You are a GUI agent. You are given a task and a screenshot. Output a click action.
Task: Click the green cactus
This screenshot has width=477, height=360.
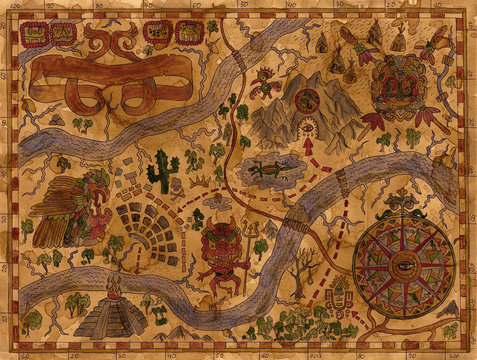pos(162,172)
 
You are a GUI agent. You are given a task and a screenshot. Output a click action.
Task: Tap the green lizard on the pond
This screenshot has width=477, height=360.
pos(270,171)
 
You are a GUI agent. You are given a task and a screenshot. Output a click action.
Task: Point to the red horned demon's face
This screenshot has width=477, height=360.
pos(221,243)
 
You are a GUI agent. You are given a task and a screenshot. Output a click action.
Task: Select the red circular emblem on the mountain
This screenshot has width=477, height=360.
pos(307,99)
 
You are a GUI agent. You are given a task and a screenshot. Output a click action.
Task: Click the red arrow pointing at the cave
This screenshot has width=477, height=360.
pos(309,146)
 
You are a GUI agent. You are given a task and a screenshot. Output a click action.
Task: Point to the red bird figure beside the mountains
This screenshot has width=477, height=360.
pos(262,84)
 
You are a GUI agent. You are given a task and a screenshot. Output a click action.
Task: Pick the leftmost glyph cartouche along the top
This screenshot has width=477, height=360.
pos(34,35)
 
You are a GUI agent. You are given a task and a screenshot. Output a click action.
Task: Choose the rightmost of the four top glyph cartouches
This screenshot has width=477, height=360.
pos(189,33)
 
